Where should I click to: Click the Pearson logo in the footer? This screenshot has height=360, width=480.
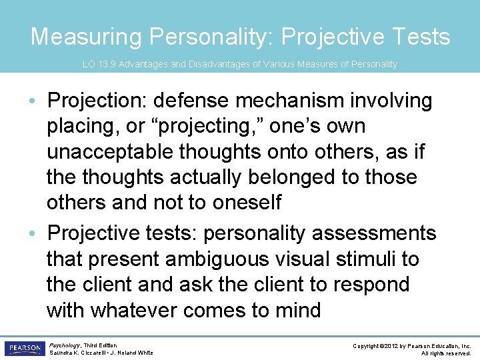25,348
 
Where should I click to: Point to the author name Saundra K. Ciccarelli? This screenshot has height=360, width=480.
77,353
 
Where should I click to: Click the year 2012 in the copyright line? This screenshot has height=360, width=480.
391,345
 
